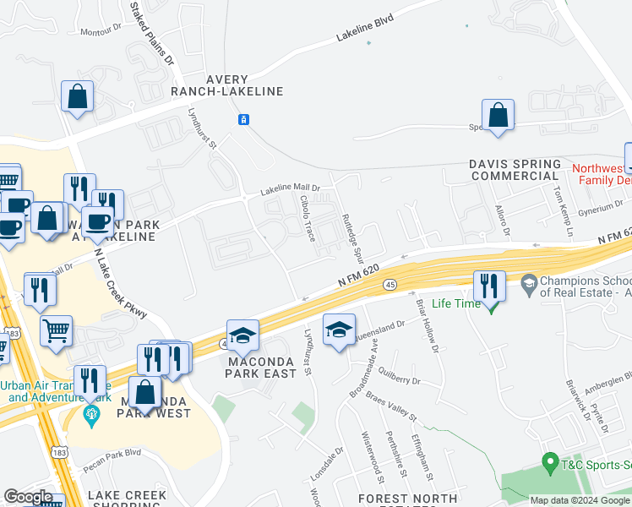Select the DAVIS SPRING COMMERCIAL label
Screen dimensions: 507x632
(515, 170)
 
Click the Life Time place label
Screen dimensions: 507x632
(455, 303)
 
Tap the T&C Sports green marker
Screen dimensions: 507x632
(549, 463)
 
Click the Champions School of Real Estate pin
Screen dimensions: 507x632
(529, 281)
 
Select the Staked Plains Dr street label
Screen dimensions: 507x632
(150, 34)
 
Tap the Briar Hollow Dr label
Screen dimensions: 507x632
(427, 324)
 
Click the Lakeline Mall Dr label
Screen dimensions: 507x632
(290, 188)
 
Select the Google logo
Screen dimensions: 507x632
(28, 497)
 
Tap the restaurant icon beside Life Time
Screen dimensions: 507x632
(489, 286)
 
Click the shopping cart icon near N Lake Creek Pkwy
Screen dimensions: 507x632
(56, 331)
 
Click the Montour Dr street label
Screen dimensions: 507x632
(100, 31)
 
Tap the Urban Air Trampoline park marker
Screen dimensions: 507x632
(91, 415)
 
